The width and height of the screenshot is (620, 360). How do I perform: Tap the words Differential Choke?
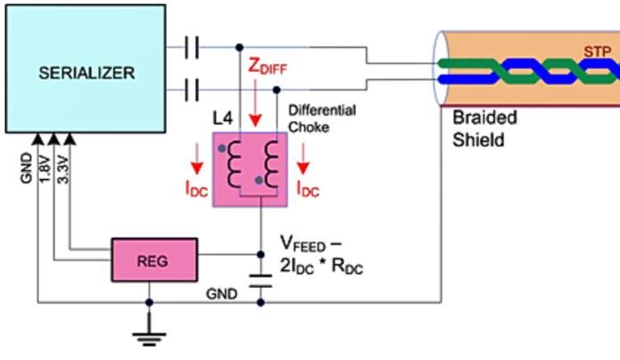coord(322,118)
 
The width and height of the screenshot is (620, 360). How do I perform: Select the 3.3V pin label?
coord(62,169)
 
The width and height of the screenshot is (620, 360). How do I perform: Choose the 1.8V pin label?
coord(45,169)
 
